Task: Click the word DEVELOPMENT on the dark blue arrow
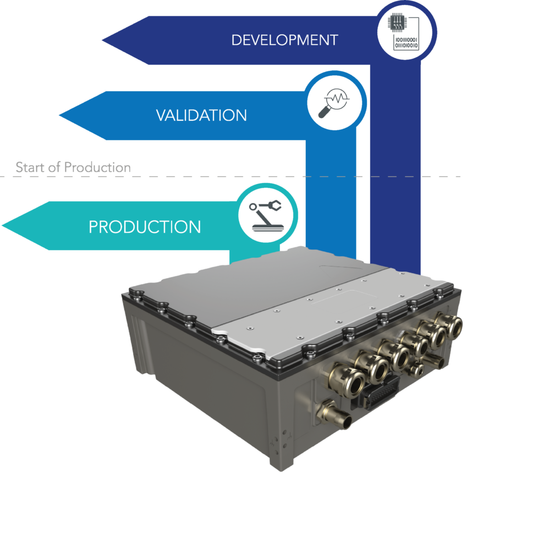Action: pyautogui.click(x=284, y=40)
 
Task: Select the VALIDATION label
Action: pyautogui.click(x=201, y=115)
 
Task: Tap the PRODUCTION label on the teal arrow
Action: pyautogui.click(x=145, y=227)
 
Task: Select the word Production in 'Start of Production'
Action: pyautogui.click(x=97, y=167)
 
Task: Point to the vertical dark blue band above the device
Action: pyautogui.click(x=395, y=165)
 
